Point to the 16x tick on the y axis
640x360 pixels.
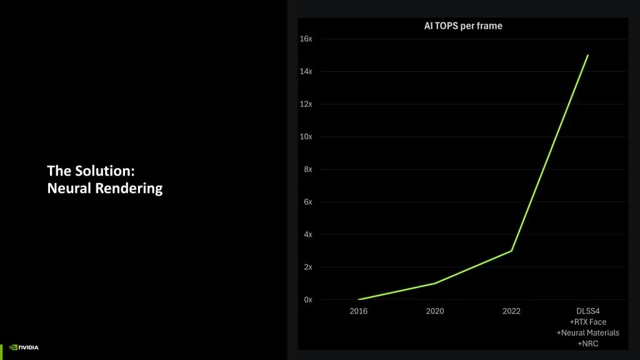point(306,39)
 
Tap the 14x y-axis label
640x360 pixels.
point(306,71)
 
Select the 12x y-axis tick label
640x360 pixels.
point(306,104)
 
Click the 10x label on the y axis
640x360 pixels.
point(306,136)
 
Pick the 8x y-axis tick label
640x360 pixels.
point(307,169)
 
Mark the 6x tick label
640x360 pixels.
point(307,202)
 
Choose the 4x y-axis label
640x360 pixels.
point(307,234)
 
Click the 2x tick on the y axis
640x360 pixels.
point(307,267)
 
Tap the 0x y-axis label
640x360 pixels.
point(307,299)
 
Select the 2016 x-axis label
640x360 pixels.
point(359,311)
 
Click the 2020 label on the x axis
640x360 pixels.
point(435,311)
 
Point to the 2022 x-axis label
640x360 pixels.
point(511,311)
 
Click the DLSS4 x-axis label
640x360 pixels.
point(587,311)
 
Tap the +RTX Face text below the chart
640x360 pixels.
point(587,322)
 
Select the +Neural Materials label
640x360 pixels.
point(587,333)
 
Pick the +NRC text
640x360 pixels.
point(587,344)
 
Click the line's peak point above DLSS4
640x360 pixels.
point(587,55)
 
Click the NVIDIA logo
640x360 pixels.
point(24,347)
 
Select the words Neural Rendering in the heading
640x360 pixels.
point(105,188)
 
